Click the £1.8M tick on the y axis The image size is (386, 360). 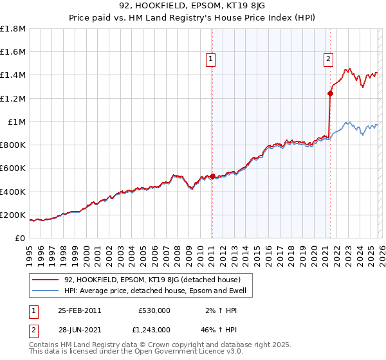(x=13, y=29)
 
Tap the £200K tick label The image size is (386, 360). (x=13, y=215)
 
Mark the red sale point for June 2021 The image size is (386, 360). (x=330, y=93)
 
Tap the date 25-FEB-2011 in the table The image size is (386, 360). (x=79, y=310)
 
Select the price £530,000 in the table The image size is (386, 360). (x=154, y=310)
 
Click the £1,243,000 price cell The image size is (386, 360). (x=151, y=329)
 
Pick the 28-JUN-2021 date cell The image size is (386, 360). (x=79, y=329)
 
